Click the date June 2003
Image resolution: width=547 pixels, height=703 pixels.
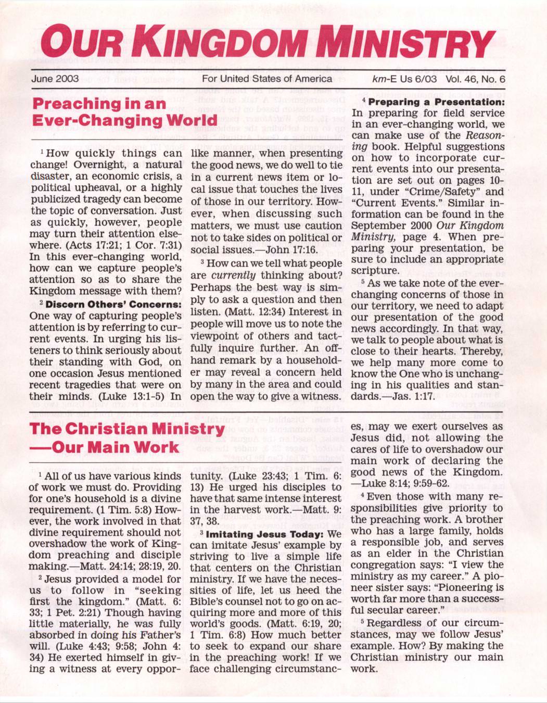55,79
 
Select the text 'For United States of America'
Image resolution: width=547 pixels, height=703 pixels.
266,79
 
